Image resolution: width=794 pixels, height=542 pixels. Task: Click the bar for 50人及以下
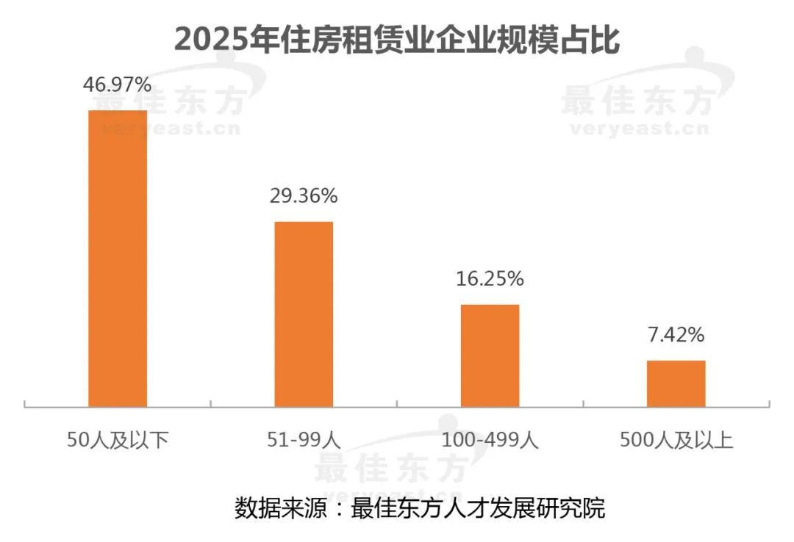(x=118, y=258)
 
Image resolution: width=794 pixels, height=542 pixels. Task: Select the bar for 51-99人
(x=304, y=314)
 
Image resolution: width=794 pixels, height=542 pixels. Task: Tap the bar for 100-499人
(x=490, y=355)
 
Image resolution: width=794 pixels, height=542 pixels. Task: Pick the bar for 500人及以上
(x=676, y=383)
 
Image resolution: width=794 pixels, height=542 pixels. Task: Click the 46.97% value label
(x=117, y=85)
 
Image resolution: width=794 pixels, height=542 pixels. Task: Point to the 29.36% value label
(x=304, y=196)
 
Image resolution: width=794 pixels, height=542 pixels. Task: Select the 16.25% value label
(x=490, y=279)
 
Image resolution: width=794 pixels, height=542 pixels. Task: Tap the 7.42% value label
(x=676, y=335)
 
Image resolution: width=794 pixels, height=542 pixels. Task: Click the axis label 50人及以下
(x=118, y=441)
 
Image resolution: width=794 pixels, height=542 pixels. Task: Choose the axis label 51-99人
(x=304, y=441)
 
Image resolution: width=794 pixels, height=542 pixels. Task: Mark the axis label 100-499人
(x=490, y=441)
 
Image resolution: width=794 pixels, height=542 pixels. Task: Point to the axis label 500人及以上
(x=676, y=441)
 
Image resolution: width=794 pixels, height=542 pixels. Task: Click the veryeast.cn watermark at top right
(x=637, y=130)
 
